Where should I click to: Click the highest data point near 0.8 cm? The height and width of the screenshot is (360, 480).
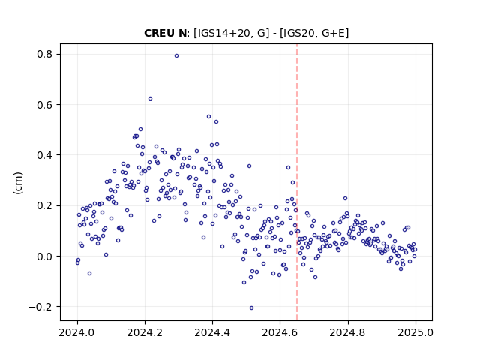(x=177, y=55)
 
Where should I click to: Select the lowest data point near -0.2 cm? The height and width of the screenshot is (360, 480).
(x=252, y=307)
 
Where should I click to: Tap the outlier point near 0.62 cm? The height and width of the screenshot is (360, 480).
(x=150, y=98)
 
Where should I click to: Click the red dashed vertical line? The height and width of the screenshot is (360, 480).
(x=297, y=182)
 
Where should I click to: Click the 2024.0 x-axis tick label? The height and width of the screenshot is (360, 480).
(x=77, y=332)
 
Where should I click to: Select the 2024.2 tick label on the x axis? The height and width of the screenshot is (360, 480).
(x=145, y=332)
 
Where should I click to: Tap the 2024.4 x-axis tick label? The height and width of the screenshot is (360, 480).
(x=212, y=332)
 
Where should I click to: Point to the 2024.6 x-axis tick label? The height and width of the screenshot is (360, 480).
(x=280, y=332)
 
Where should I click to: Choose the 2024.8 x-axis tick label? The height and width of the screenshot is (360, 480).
(x=348, y=332)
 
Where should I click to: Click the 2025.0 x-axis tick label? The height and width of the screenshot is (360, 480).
(x=415, y=332)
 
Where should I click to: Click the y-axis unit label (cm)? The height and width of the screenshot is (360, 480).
(x=18, y=183)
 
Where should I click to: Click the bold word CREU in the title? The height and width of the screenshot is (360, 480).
(x=157, y=33)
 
